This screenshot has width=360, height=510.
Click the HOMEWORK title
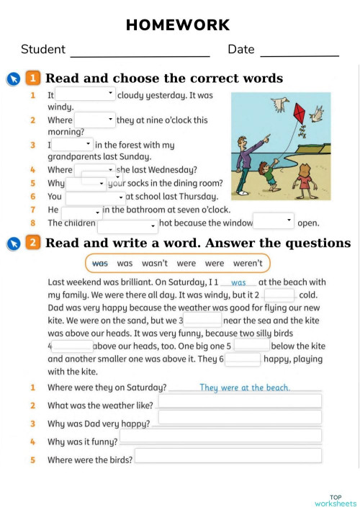pos(178,25)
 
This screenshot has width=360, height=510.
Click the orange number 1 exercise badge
pos(32,78)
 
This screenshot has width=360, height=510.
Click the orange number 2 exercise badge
pos(32,243)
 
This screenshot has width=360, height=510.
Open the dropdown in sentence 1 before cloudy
pos(85,94)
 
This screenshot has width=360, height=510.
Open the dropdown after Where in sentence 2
pos(94,120)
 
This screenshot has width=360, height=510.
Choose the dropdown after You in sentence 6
pos(95,197)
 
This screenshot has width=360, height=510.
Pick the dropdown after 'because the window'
pos(274,221)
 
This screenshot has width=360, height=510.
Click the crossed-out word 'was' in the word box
pos(101,264)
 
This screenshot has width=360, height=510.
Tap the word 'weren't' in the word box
pos(248,264)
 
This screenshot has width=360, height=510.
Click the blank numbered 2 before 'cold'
pos(279,295)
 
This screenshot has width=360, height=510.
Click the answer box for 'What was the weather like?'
pos(240,401)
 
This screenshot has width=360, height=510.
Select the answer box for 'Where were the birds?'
pos(228,455)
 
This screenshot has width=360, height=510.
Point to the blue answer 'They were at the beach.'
pos(245,388)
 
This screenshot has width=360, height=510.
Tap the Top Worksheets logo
pos(336,500)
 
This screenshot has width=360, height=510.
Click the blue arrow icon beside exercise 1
pos(13,79)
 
